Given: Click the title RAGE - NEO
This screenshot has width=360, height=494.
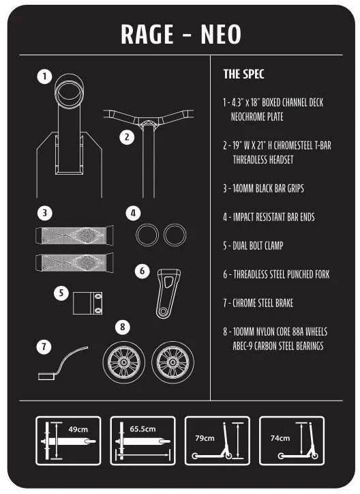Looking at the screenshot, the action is pos(181,34).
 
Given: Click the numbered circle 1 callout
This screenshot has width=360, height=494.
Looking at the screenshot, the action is pos(44,76).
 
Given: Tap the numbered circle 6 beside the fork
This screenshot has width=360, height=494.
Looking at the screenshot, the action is pos(142,272).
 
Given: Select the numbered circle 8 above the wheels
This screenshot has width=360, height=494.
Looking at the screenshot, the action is pos(123,327).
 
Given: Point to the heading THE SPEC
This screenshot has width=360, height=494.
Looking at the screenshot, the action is pos(243,74).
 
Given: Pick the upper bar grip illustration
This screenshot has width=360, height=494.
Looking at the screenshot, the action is pos(74,235).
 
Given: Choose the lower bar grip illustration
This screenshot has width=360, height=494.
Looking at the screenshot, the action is pos(74,263).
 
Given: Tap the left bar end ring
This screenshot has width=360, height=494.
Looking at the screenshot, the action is pos(137,235).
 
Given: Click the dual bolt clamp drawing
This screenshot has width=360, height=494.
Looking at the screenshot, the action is pos(87,304).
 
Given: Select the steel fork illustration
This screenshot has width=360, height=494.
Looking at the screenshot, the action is pos(168,293).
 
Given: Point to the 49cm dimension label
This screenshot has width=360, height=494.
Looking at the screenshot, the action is pos(78,429).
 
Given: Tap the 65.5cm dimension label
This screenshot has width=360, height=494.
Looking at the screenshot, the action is pos(142,429).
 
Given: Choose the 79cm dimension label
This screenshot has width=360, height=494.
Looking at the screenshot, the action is pos(205,438).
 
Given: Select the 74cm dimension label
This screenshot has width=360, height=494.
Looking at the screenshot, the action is pos(280,438).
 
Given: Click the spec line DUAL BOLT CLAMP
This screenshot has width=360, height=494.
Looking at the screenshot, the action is pos(253,246).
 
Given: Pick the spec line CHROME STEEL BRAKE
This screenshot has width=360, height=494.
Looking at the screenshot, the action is pos(258,303).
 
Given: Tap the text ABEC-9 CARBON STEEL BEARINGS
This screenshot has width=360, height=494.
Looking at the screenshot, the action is pos(278,346).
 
